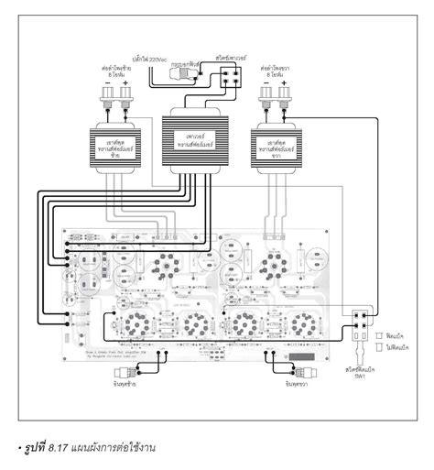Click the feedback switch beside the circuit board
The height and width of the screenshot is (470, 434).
(359, 320)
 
